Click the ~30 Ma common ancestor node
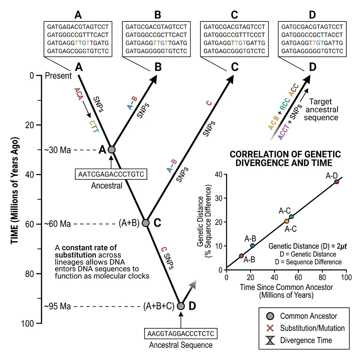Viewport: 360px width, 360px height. coord(111,149)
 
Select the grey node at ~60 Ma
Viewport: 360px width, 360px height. coord(146,223)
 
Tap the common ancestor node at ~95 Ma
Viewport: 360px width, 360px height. coord(181,306)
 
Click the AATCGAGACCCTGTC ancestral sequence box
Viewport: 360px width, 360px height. coord(111,174)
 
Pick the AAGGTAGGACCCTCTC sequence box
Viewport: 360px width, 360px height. coord(181,333)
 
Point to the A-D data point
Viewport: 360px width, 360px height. coord(336,181)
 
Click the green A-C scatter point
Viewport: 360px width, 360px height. coord(291,216)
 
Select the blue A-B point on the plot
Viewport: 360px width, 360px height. coord(252,245)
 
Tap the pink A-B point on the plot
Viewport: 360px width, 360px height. coord(241,256)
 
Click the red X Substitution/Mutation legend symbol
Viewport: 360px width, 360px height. coord(269,328)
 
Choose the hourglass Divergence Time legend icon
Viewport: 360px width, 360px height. coord(269,340)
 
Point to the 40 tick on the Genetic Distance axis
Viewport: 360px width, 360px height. coord(218,174)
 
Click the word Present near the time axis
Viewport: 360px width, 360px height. coord(58,76)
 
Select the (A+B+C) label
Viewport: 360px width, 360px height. coord(159,306)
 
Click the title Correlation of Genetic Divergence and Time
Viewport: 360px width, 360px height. coord(285,158)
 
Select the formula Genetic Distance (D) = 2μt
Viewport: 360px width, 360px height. coord(308,246)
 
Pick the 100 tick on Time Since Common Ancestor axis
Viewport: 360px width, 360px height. coord(346,277)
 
